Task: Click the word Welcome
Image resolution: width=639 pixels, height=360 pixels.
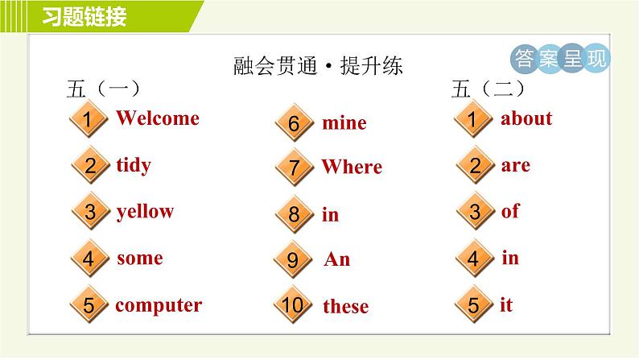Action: (158, 118)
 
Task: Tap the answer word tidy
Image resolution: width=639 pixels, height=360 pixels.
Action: (134, 166)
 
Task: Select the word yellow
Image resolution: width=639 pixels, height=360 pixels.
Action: (145, 212)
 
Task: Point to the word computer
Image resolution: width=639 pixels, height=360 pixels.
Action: (159, 305)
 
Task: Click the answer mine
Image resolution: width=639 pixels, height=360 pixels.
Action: (344, 123)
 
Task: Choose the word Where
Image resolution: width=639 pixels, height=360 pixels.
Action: (352, 167)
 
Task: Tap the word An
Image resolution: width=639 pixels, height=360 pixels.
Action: (337, 259)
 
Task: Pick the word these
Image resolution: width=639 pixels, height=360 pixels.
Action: (346, 306)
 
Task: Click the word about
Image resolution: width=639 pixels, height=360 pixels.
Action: (526, 118)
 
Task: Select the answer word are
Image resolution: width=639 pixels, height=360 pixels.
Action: (516, 166)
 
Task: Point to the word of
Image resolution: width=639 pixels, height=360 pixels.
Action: (510, 211)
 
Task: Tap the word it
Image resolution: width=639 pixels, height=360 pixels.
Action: (506, 304)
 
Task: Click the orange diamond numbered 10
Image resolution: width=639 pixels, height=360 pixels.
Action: (293, 304)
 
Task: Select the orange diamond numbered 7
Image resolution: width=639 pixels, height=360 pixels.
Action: (295, 168)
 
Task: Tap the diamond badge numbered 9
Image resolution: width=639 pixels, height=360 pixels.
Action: (293, 259)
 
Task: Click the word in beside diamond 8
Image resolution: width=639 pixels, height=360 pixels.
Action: (331, 214)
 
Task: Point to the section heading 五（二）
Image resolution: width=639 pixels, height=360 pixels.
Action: (489, 89)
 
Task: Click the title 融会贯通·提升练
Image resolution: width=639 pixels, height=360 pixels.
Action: (318, 66)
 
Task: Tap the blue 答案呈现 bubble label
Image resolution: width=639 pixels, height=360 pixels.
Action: (560, 58)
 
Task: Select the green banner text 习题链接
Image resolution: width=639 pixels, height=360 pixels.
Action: (85, 17)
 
